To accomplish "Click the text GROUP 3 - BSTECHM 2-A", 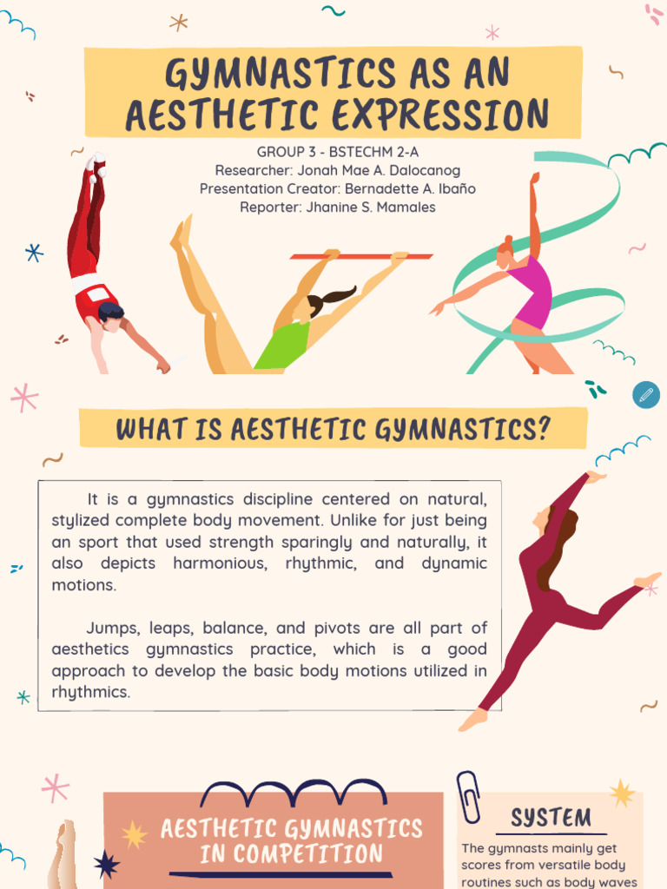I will [x=338, y=152].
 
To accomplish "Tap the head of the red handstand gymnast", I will [x=111, y=315].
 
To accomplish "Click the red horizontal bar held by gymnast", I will [x=360, y=256].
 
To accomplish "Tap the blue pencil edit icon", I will [x=645, y=395].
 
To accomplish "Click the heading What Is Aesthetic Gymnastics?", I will [x=333, y=429].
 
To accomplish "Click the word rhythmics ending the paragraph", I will [x=91, y=693].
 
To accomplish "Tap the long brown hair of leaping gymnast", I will [x=557, y=548].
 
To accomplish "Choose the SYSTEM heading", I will [x=551, y=817].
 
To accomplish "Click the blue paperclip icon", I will [x=469, y=796].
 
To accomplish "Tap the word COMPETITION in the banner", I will [x=291, y=853].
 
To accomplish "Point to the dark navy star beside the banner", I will [x=106, y=864].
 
